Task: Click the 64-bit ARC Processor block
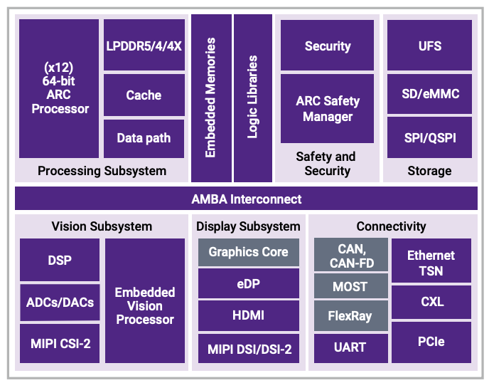pyautogui.click(x=59, y=88)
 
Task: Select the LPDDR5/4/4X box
pyautogui.click(x=144, y=46)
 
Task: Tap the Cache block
pyautogui.click(x=144, y=95)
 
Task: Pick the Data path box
pyautogui.click(x=144, y=137)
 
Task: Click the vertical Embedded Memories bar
pyautogui.click(x=211, y=98)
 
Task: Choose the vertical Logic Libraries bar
pyautogui.click(x=252, y=98)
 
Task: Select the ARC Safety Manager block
pyautogui.click(x=327, y=109)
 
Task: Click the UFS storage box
pyautogui.click(x=429, y=46)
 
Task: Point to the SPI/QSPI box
pyautogui.click(x=429, y=137)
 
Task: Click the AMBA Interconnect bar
pyautogui.click(x=246, y=199)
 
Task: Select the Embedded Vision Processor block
pyautogui.click(x=145, y=305)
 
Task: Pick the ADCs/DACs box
pyautogui.click(x=60, y=302)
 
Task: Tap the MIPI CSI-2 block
pyautogui.click(x=60, y=344)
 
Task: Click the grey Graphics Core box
pyautogui.click(x=248, y=252)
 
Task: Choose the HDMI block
pyautogui.click(x=248, y=315)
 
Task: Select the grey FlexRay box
pyautogui.click(x=350, y=315)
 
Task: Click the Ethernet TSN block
pyautogui.click(x=431, y=261)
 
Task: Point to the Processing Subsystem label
pyautogui.click(x=102, y=171)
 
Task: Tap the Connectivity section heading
pyautogui.click(x=391, y=226)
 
